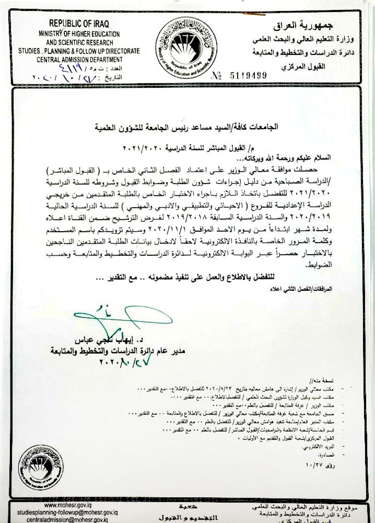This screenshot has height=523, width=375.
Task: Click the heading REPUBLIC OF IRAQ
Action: click(x=79, y=24)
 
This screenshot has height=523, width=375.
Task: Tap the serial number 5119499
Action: click(x=248, y=76)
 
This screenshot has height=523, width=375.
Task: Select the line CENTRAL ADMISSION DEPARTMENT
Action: click(x=79, y=59)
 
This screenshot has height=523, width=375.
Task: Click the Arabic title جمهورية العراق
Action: click(x=304, y=26)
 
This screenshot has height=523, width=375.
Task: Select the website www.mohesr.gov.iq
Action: click(x=68, y=505)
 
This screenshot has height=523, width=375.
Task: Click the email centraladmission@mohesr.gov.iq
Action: click(x=68, y=519)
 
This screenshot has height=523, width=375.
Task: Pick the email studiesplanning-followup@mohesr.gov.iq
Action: click(x=68, y=512)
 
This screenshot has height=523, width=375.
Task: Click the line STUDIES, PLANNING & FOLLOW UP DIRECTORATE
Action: click(x=79, y=51)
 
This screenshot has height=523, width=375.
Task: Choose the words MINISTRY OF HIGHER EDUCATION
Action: click(x=79, y=34)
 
